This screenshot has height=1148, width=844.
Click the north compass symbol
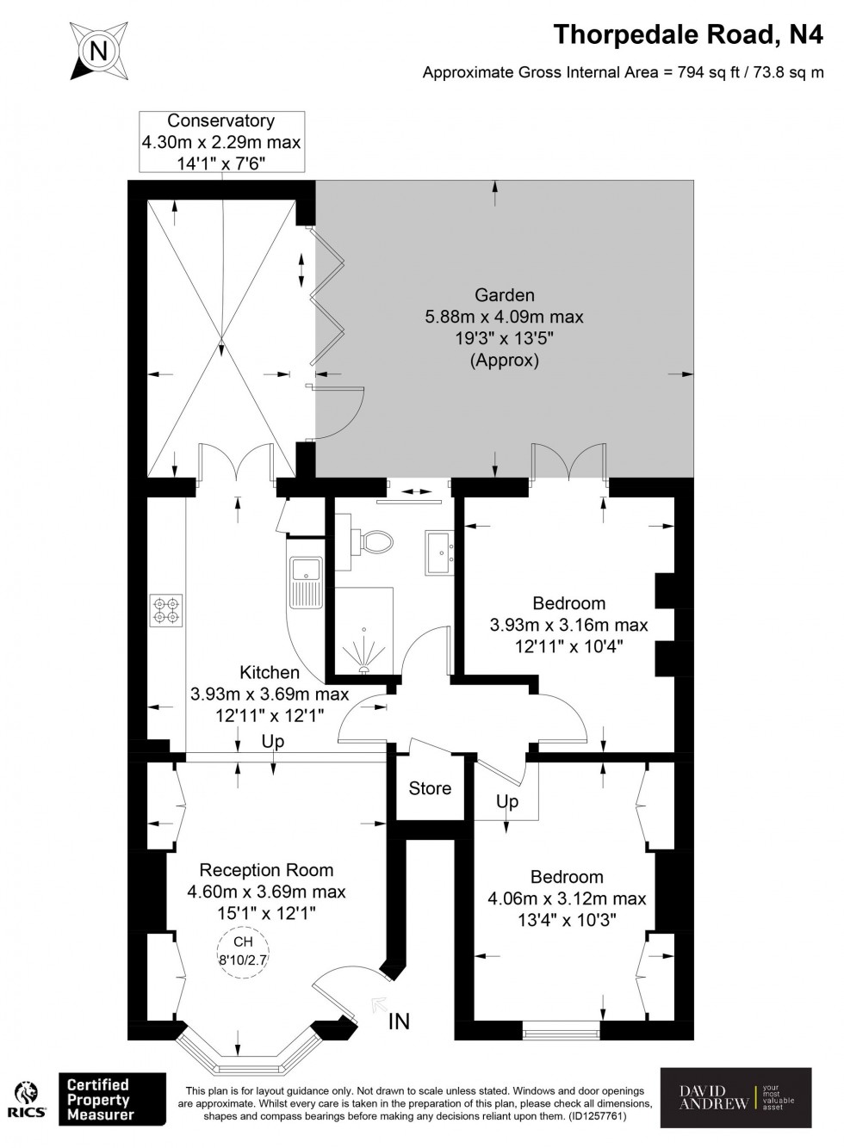(x=98, y=51)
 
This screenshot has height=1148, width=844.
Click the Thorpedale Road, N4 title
(x=688, y=34)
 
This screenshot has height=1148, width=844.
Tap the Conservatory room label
(x=220, y=121)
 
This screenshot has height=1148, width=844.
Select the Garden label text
(x=504, y=295)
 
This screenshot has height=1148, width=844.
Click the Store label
(x=430, y=788)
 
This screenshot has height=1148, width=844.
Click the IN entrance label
(x=399, y=1021)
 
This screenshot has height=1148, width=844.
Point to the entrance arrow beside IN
(x=378, y=1003)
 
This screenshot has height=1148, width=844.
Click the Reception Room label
(x=266, y=870)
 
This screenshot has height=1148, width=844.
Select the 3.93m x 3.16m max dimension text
(x=568, y=625)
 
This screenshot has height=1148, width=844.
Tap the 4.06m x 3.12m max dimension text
(x=567, y=899)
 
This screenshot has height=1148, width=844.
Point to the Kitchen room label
(x=270, y=672)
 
